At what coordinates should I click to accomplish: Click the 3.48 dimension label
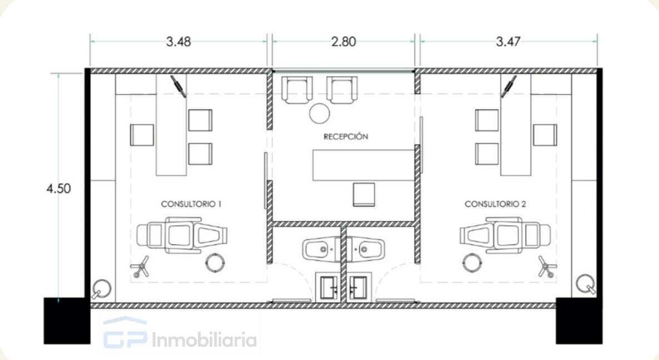pos(179,42)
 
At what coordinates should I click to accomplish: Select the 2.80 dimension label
pos(343,42)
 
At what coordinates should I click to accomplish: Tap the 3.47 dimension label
pos(508,42)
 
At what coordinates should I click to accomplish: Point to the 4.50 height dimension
pos(58,189)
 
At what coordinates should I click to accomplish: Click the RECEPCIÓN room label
pos(346,136)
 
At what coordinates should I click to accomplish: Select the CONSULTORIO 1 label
pos(191,204)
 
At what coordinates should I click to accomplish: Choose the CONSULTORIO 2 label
pos(495,204)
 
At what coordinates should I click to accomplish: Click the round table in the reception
pos(319,113)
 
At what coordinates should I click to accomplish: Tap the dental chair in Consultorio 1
pos(182,235)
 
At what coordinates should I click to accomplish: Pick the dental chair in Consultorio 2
pos(505,235)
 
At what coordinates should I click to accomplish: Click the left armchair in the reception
pos(297,90)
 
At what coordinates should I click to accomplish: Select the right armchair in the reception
pos(342,90)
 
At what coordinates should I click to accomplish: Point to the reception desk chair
pos(364,194)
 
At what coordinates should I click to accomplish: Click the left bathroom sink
pos(321,249)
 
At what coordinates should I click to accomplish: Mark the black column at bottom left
pos(67,320)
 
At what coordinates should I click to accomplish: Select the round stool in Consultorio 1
pos(216,263)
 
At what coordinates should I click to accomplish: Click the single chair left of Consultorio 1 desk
pos(142,135)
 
